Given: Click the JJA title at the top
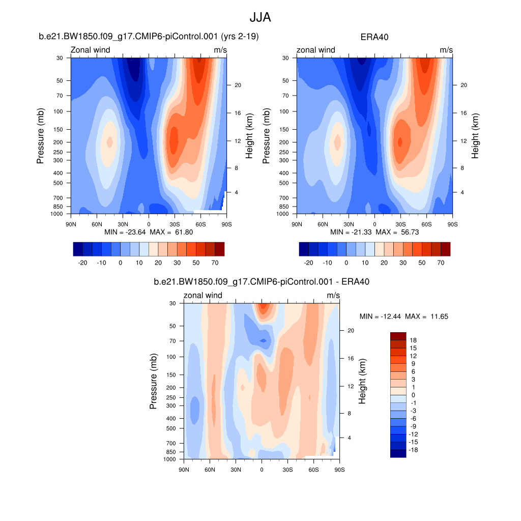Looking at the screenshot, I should (260, 18).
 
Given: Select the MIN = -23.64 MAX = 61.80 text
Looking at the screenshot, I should (149, 232).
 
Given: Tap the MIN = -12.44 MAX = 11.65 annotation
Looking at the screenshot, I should (403, 316).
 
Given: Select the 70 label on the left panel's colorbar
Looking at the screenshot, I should (215, 263).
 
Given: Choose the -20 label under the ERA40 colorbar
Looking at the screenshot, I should (308, 263).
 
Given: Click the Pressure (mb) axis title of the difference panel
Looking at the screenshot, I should (153, 382).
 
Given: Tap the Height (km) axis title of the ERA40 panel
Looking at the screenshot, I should (475, 136).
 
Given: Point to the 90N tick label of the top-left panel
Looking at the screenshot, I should (71, 224).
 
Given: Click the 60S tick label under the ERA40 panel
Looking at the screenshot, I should (426, 224).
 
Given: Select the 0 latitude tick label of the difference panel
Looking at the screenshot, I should (262, 469).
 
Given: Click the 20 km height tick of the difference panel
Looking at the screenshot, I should (351, 331).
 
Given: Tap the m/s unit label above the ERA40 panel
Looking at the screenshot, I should (446, 50).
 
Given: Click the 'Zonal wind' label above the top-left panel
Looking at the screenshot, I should (90, 50).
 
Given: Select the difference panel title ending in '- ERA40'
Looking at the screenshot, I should (262, 281).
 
